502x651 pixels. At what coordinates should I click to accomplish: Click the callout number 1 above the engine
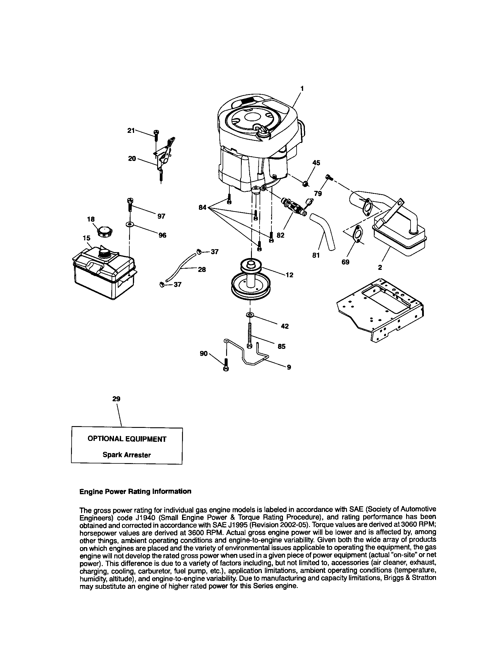[x=302, y=88]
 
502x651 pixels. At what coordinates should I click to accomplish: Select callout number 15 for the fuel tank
[x=86, y=238]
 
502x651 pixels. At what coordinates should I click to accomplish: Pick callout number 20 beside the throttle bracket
[x=132, y=159]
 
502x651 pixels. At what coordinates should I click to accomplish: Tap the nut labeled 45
[x=305, y=184]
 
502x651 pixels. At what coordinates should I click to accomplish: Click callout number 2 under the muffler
[x=380, y=268]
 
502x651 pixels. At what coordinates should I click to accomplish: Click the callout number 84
[x=202, y=207]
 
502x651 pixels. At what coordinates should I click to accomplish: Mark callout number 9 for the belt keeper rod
[x=289, y=368]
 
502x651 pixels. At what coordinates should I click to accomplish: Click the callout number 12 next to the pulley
[x=289, y=275]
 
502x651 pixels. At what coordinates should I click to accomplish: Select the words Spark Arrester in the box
[x=127, y=455]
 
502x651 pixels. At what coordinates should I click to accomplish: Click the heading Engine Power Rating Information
[x=135, y=492]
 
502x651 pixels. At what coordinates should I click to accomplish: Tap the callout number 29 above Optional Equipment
[x=116, y=399]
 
